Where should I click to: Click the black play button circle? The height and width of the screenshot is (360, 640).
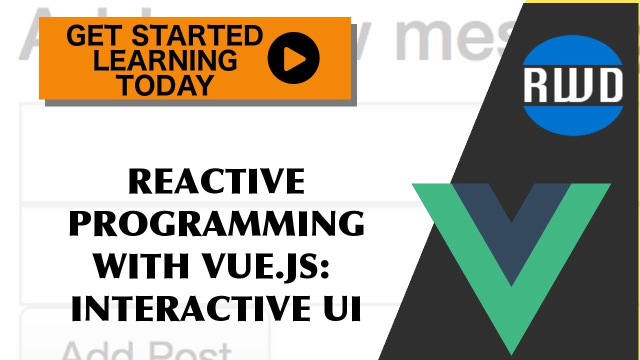(x=293, y=57)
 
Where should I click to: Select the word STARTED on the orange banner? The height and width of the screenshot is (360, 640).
(x=197, y=36)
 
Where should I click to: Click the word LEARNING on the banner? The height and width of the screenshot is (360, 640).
(x=165, y=60)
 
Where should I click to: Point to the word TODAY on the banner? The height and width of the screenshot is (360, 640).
(x=165, y=84)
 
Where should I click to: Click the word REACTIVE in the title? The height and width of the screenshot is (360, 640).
(x=216, y=182)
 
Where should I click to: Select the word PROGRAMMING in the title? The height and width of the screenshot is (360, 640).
(x=216, y=225)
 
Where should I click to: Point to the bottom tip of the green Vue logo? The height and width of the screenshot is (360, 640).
(x=511, y=350)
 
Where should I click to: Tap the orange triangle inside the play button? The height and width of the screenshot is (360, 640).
(x=294, y=58)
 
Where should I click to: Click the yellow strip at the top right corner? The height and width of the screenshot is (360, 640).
(x=582, y=1)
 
